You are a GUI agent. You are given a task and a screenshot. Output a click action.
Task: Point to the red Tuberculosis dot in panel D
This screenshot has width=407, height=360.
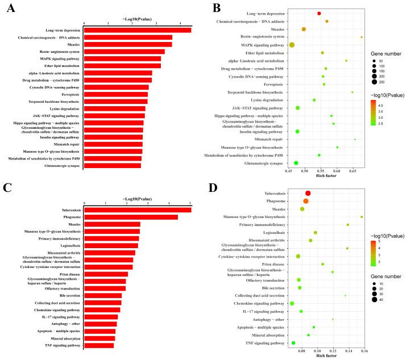click(308, 193)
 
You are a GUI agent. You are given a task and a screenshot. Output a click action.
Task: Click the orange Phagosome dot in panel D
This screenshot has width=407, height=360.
click(306, 201)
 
